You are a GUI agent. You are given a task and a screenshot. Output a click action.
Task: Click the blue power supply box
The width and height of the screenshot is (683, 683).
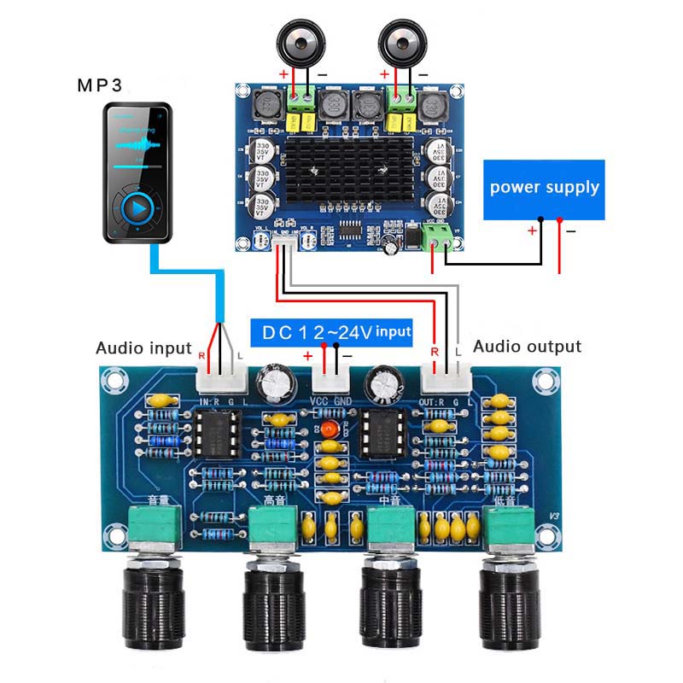click(544, 187)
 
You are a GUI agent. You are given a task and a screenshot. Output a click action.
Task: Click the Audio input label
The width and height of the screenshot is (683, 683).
click(143, 347)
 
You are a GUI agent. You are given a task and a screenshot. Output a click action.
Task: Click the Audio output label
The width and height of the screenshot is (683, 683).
click(527, 347)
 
